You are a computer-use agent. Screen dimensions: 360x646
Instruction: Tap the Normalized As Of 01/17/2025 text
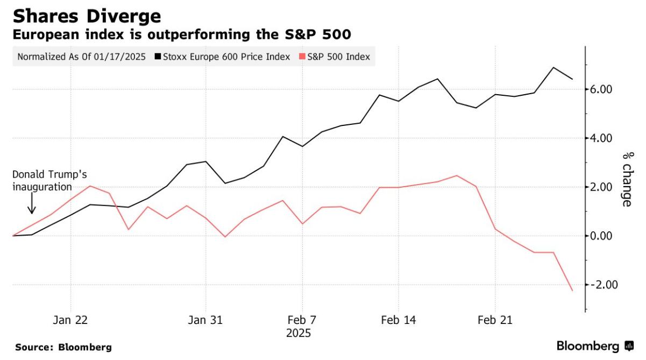coord(81,57)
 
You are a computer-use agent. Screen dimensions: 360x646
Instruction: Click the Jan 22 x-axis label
coord(70,320)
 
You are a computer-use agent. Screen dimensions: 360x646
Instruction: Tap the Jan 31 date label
coord(205,320)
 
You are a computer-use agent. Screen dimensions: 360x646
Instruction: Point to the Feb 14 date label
coord(398,320)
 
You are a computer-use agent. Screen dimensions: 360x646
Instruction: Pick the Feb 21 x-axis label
coord(495,320)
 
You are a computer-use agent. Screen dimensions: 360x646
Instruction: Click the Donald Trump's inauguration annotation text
coord(49,181)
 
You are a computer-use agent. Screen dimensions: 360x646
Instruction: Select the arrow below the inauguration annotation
coord(32,203)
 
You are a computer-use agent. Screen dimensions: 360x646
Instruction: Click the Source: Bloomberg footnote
coord(63,347)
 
